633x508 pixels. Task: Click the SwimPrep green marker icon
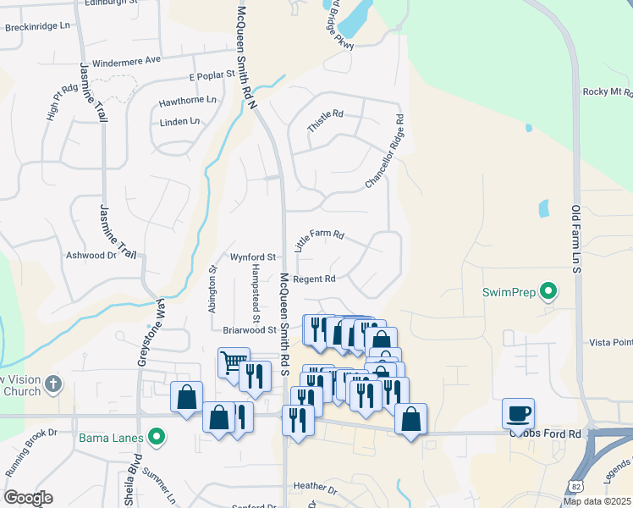click(548, 292)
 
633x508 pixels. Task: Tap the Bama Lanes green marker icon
click(156, 438)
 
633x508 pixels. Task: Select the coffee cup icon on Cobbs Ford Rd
click(518, 413)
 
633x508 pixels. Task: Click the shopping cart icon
click(233, 363)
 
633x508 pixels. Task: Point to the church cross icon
click(53, 384)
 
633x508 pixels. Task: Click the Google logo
click(28, 498)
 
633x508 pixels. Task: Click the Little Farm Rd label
click(319, 240)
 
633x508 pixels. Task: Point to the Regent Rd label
click(316, 279)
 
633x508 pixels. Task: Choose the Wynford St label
click(253, 256)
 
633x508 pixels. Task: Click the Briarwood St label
click(250, 330)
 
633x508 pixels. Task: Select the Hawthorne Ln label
click(188, 102)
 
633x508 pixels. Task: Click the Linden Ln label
click(179, 122)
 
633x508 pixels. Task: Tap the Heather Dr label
click(315, 488)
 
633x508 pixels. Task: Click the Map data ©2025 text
click(597, 501)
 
